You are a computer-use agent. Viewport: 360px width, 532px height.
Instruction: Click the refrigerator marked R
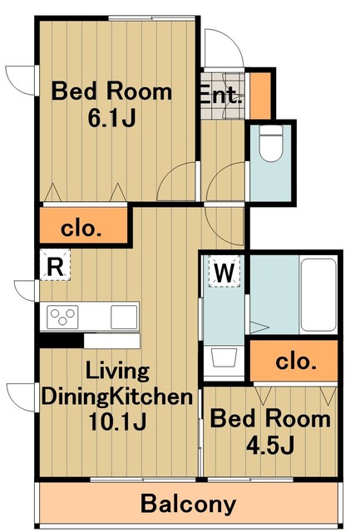[56, 267]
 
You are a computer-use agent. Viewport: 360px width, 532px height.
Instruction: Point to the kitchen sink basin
[124, 317]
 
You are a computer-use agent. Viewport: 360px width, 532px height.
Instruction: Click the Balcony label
[188, 504]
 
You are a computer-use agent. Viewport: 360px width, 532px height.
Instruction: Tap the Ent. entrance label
[220, 94]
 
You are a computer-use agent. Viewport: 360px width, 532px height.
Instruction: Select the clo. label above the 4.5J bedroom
[295, 362]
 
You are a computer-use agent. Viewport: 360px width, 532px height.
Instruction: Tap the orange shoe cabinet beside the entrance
[261, 96]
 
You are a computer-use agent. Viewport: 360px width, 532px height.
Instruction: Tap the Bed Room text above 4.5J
[269, 419]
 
